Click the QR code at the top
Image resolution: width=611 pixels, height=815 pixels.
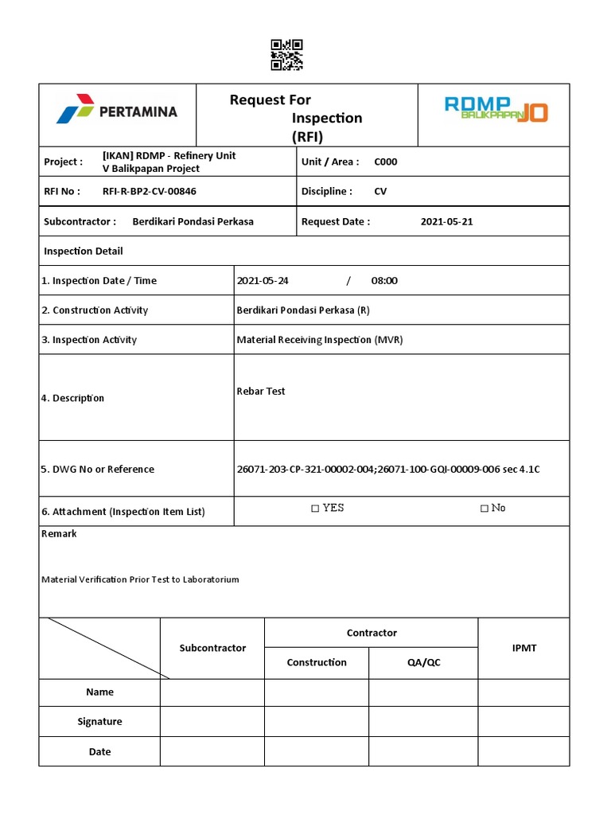click(286, 56)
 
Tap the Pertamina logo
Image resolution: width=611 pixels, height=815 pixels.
click(117, 111)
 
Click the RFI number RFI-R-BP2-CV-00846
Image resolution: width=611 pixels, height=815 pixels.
click(149, 191)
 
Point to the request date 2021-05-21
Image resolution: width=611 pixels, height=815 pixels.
click(446, 221)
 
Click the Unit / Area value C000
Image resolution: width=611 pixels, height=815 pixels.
click(386, 162)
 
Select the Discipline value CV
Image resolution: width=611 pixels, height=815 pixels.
click(381, 191)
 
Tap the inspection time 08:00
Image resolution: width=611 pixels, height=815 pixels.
click(384, 280)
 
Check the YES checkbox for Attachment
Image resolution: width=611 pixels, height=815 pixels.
click(315, 509)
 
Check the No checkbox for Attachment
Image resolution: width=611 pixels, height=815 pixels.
click(485, 509)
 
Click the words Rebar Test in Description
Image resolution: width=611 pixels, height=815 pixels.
click(261, 391)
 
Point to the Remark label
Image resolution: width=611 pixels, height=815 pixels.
click(59, 534)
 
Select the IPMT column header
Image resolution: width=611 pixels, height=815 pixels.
click(523, 648)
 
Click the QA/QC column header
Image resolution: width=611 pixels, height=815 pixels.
click(423, 662)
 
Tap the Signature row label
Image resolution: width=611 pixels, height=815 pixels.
click(99, 721)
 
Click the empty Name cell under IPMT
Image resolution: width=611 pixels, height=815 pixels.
click(523, 692)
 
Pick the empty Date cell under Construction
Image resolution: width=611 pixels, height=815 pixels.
click(317, 751)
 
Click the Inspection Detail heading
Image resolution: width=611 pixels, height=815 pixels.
click(84, 251)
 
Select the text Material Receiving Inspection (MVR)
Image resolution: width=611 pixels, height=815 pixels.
click(320, 340)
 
